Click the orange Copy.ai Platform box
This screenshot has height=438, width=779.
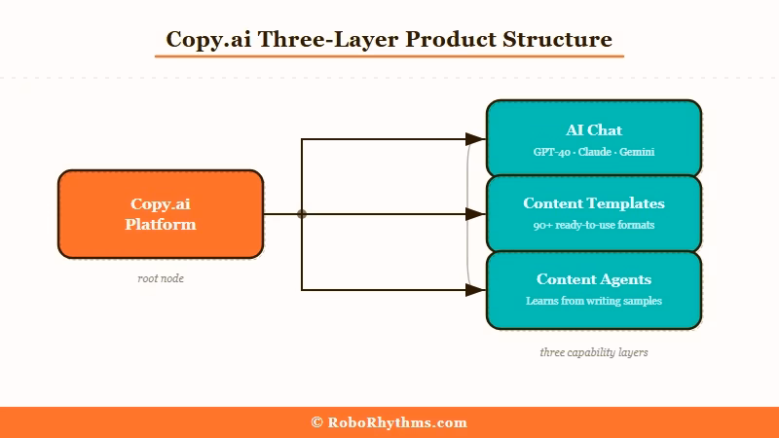click(x=161, y=214)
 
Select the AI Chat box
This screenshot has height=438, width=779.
click(x=594, y=137)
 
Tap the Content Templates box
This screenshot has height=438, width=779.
click(x=594, y=213)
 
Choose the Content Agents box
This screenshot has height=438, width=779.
click(x=594, y=290)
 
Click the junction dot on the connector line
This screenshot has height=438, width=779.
click(x=302, y=214)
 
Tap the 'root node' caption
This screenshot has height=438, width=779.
click(x=161, y=278)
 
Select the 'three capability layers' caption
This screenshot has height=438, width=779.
click(x=594, y=352)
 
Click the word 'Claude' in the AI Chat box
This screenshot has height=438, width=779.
click(x=594, y=152)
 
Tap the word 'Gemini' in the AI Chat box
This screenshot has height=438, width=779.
click(x=637, y=152)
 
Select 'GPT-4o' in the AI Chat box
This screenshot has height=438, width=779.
click(x=550, y=152)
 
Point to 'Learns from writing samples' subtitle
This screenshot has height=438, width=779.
click(x=594, y=301)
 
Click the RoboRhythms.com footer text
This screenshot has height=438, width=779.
click(x=397, y=422)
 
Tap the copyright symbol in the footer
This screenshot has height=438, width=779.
click(x=317, y=422)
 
